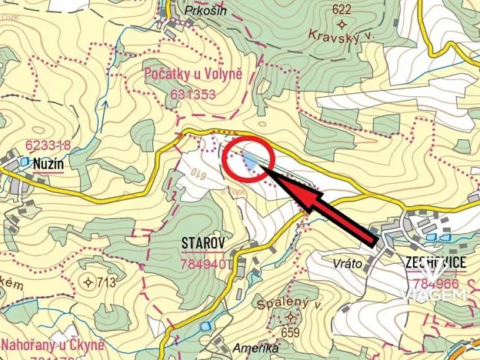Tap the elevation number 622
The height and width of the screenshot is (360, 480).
tap(342, 10)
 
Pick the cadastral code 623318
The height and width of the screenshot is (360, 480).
tap(48, 145)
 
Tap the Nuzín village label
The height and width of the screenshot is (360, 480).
tap(47, 163)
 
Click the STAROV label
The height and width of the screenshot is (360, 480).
tap(203, 244)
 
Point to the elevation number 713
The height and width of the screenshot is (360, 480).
tap(105, 282)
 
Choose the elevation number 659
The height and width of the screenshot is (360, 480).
tap(290, 332)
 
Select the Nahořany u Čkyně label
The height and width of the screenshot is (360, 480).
tap(52, 344)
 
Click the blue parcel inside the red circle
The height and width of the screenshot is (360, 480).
tap(251, 160)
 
